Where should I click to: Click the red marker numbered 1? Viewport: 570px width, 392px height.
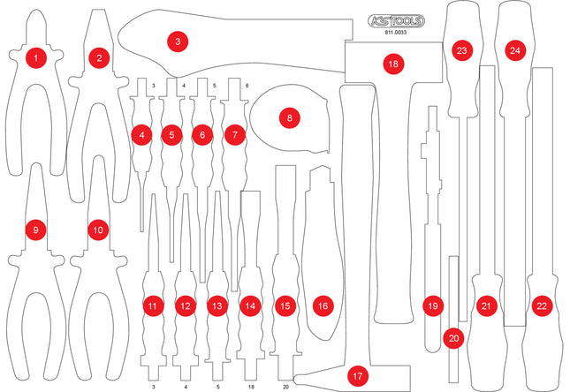point(35,58)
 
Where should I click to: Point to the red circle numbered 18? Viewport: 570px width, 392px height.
point(393,64)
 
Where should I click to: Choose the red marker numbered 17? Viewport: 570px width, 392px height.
point(357,375)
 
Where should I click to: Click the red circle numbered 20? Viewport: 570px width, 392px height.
point(454,337)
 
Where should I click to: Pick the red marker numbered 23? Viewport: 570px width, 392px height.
point(461,51)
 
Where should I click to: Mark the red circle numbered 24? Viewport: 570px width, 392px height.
point(514,51)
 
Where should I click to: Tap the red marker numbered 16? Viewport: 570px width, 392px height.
point(323,305)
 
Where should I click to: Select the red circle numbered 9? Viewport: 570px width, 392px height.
point(35,230)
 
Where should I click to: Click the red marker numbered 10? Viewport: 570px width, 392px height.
point(97,230)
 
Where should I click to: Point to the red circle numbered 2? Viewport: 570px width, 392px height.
point(99,58)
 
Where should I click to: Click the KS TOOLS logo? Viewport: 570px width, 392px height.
point(395,20)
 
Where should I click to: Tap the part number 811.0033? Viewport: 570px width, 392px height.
point(395,34)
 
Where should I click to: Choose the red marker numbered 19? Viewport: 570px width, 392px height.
point(432,305)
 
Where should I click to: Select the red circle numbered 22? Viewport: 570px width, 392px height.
point(542,305)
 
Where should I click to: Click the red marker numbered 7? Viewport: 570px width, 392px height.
point(233,135)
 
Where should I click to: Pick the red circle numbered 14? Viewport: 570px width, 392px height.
point(252,305)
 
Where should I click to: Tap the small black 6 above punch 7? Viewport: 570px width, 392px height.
point(247,86)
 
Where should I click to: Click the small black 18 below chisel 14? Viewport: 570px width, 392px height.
point(251,387)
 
